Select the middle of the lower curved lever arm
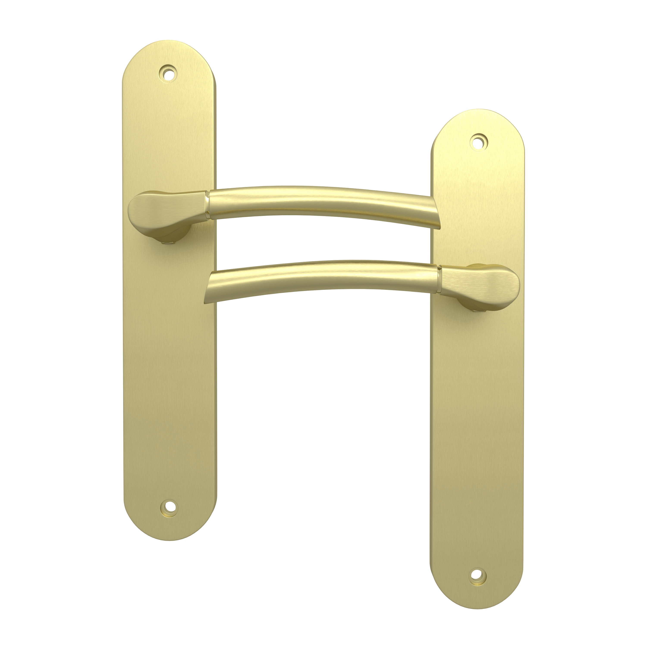coord(322,276)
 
